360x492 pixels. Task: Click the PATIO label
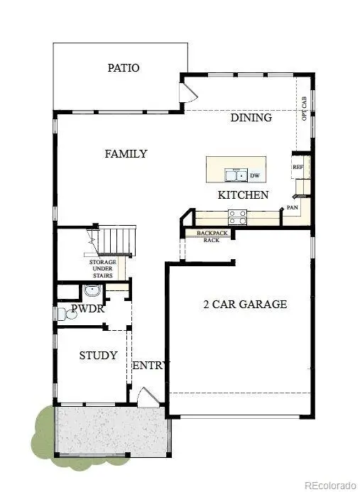(123, 68)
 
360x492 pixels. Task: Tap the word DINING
(251, 118)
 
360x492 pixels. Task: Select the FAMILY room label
(126, 153)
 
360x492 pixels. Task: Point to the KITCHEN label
(243, 195)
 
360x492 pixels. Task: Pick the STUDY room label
(98, 355)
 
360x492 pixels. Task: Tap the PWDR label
(87, 310)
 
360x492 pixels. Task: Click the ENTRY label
(151, 366)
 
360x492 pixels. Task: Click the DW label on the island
(253, 175)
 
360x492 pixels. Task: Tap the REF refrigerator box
(298, 168)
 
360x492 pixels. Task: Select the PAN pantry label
(293, 208)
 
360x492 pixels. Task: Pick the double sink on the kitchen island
(236, 175)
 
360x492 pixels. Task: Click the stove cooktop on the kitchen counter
(236, 217)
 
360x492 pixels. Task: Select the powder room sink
(91, 290)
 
